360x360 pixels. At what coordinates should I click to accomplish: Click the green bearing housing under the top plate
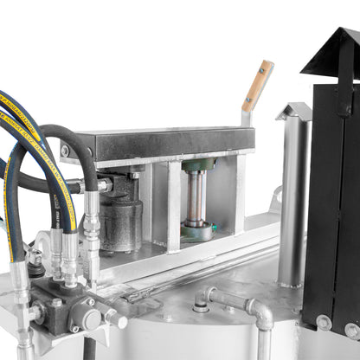198,164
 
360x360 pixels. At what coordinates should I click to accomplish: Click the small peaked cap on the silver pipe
294,111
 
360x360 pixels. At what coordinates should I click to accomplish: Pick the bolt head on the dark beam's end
66,151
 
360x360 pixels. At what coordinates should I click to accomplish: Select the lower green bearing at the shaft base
198,231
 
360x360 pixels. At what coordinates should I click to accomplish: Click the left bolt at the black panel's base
323,322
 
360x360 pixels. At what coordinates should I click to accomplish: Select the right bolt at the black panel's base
351,330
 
